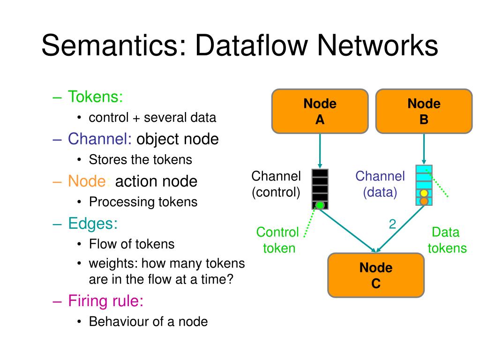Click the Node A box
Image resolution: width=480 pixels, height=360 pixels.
click(320, 112)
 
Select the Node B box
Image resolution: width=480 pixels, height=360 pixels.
click(424, 112)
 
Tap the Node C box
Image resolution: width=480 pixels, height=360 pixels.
click(376, 275)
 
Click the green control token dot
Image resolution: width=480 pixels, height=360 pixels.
click(320, 205)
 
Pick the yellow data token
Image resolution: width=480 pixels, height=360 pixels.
click(424, 194)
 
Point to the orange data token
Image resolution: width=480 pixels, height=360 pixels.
click(424, 201)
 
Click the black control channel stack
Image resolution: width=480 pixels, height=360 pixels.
click(320, 189)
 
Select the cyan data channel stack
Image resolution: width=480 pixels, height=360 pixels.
click(424, 185)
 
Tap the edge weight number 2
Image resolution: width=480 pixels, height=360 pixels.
click(392, 224)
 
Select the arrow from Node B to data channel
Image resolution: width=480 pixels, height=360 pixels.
click(424, 150)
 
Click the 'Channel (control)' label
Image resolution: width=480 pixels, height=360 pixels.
click(276, 184)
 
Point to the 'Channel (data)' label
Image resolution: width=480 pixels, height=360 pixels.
click(380, 184)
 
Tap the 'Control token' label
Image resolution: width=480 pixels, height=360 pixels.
click(277, 240)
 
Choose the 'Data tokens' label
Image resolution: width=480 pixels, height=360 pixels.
click(447, 240)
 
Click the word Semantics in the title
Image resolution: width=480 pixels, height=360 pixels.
click(114, 45)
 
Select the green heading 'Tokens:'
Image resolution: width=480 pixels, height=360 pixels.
click(95, 97)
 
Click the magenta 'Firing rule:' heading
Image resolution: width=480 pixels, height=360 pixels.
click(105, 301)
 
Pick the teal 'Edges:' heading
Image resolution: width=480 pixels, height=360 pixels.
click(93, 224)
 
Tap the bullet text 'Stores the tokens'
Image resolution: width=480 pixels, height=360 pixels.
click(141, 159)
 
